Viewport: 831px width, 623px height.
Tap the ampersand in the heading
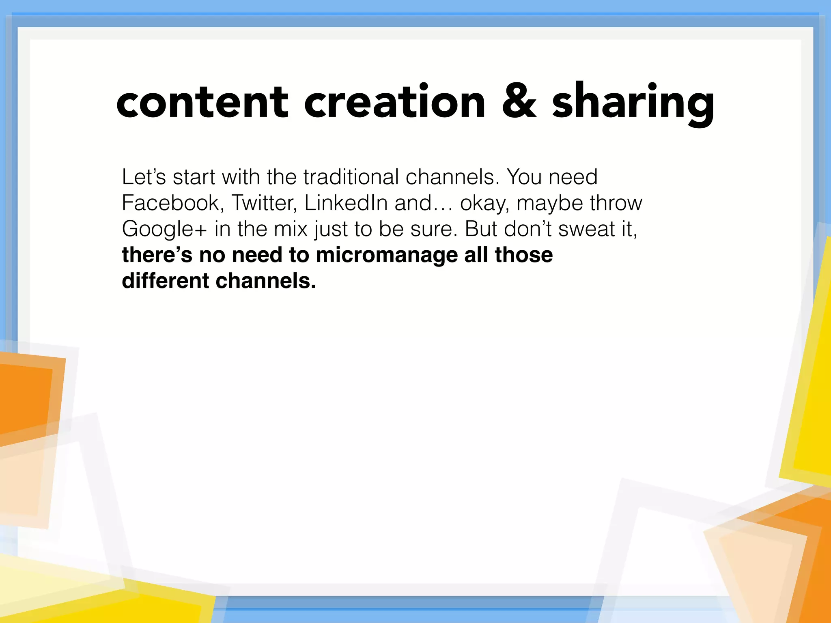[x=519, y=101]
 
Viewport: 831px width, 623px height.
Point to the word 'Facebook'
[x=172, y=203]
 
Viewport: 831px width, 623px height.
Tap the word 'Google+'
[x=164, y=229]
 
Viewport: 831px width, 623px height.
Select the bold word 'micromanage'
[x=387, y=255]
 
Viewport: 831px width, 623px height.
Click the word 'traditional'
[x=351, y=177]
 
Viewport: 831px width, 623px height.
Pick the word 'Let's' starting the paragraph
[x=144, y=177]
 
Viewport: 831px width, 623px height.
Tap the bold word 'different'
[x=165, y=281]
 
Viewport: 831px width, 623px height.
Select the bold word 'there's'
[x=157, y=255]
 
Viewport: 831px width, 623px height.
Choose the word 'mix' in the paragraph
[x=291, y=229]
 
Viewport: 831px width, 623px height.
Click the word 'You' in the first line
[x=524, y=177]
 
